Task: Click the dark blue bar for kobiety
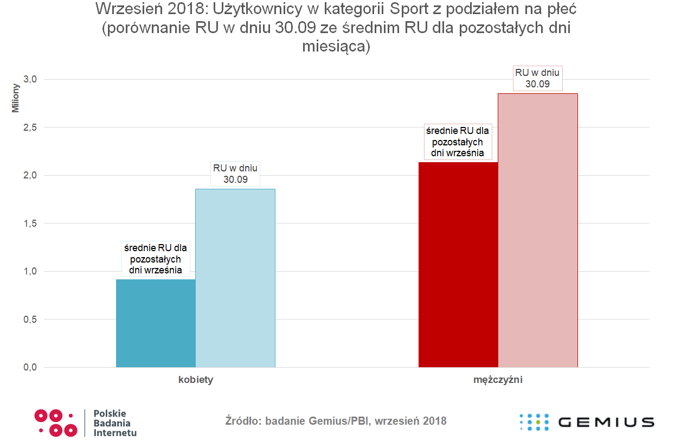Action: [156, 323]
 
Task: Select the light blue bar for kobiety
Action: [235, 278]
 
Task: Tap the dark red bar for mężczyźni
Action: [458, 265]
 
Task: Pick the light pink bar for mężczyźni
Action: [538, 231]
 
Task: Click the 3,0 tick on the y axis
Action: [30, 79]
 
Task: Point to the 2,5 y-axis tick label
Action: [30, 127]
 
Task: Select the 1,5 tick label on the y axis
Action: [30, 223]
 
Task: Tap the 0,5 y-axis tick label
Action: [30, 319]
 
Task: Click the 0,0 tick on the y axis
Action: [30, 367]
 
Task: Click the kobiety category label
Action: [196, 380]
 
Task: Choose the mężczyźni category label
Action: [498, 380]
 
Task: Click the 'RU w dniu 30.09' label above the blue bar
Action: [235, 174]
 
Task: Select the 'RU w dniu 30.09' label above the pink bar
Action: [537, 78]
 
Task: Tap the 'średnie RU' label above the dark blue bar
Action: [156, 259]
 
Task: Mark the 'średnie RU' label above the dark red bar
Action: [458, 142]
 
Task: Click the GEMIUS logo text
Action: [606, 422]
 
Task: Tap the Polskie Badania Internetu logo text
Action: [115, 423]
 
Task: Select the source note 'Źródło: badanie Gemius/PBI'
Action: [336, 421]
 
